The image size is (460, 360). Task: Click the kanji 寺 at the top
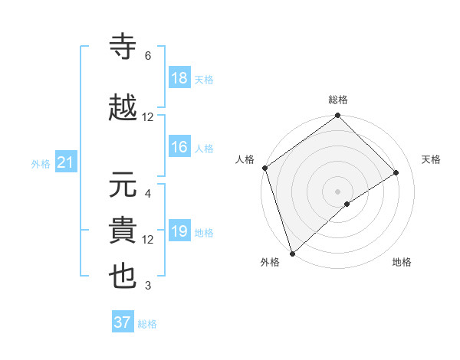click(x=123, y=47)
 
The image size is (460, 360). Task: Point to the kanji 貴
click(x=123, y=230)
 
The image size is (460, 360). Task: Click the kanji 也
click(x=123, y=277)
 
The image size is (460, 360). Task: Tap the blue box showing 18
click(x=179, y=78)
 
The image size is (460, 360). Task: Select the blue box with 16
click(x=179, y=147)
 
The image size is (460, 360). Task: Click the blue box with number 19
click(x=179, y=231)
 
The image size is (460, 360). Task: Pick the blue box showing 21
click(x=65, y=162)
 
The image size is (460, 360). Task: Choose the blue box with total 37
click(x=123, y=322)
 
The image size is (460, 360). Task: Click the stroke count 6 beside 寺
click(x=148, y=56)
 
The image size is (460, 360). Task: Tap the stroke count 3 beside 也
click(x=148, y=286)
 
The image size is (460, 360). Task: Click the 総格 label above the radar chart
click(x=338, y=100)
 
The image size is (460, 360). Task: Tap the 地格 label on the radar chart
click(x=402, y=262)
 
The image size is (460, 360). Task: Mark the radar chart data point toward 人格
click(x=264, y=168)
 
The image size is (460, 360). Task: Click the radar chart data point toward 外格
click(x=292, y=253)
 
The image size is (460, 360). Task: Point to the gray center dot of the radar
click(x=337, y=191)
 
